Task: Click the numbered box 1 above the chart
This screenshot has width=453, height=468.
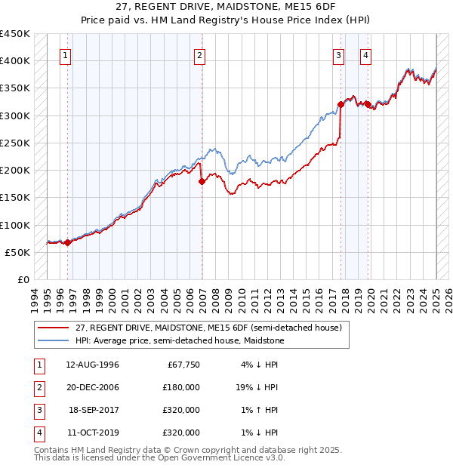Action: pos(66,54)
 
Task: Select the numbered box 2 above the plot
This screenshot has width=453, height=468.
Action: pos(199,54)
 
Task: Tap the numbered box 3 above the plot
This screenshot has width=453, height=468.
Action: pos(339,54)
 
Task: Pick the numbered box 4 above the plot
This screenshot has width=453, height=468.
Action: pos(365,54)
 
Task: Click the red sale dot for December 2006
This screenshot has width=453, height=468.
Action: pos(202,181)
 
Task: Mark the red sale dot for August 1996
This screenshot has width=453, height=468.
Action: pos(67,242)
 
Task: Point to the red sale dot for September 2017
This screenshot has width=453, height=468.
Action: pos(341,105)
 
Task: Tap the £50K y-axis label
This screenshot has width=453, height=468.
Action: pos(18,252)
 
